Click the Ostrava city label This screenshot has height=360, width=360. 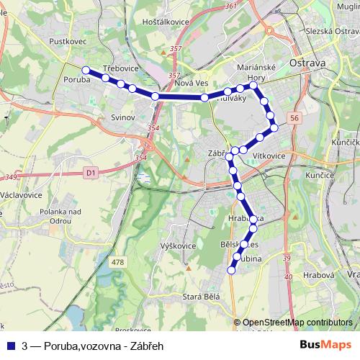(307, 63)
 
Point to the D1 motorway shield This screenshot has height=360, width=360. (89, 173)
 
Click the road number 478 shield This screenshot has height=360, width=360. (118, 262)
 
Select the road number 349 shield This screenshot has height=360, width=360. (9, 177)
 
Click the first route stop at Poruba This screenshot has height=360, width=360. (86, 70)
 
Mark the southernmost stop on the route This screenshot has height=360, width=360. (231, 271)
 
